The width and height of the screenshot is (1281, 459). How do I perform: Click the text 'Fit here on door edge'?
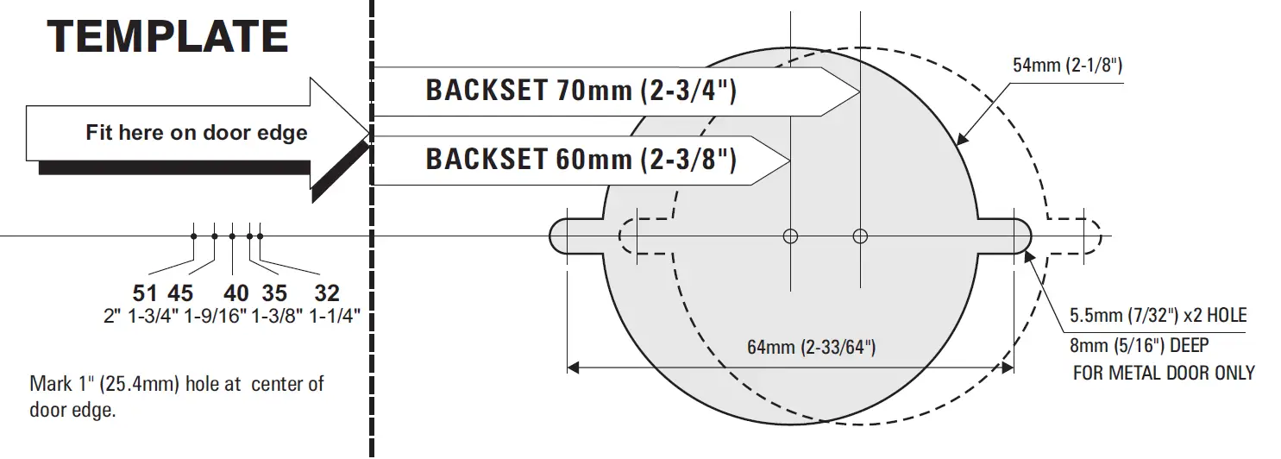(x=196, y=133)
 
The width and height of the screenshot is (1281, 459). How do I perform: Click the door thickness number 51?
(x=145, y=293)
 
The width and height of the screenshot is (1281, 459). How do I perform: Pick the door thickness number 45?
(x=181, y=293)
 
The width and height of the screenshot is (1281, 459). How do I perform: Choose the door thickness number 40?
(x=236, y=293)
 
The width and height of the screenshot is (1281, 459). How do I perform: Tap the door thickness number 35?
(x=274, y=293)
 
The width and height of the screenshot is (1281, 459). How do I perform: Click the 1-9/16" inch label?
(x=215, y=316)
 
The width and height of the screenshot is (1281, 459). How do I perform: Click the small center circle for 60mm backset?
(x=790, y=236)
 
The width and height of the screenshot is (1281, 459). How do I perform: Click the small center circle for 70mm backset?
(x=859, y=236)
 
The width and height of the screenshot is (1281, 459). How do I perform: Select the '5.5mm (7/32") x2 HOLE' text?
(x=1158, y=316)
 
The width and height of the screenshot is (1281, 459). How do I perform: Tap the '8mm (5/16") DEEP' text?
(x=1139, y=345)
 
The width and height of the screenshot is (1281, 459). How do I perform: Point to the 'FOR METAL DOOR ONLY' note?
(x=1163, y=373)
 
